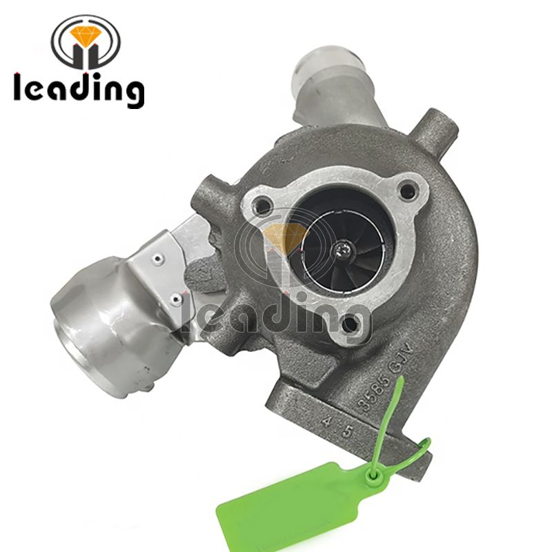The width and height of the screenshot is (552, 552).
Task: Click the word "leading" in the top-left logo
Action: pos(78,89)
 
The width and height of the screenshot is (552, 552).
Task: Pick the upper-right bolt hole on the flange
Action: pos(411,188)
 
